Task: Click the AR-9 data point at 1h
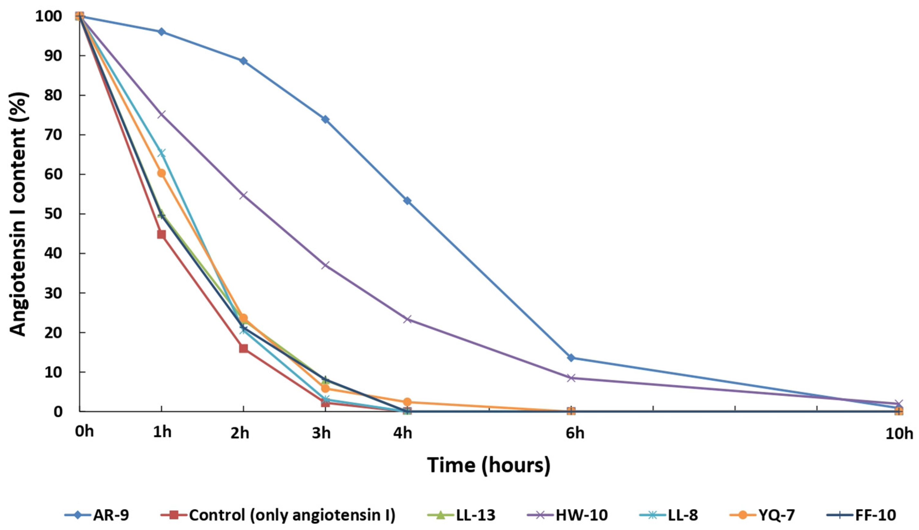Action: click(x=161, y=32)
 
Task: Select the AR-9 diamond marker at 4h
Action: click(x=407, y=201)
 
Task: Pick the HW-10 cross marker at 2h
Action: click(x=243, y=195)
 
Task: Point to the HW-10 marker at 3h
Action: click(x=325, y=265)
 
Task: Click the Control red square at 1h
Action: click(x=161, y=234)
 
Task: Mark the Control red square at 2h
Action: click(x=243, y=348)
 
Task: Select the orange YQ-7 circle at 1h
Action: click(x=161, y=173)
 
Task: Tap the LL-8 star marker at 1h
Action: click(x=161, y=153)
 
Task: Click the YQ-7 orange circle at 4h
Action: click(x=407, y=402)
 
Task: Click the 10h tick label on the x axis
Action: click(x=899, y=434)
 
